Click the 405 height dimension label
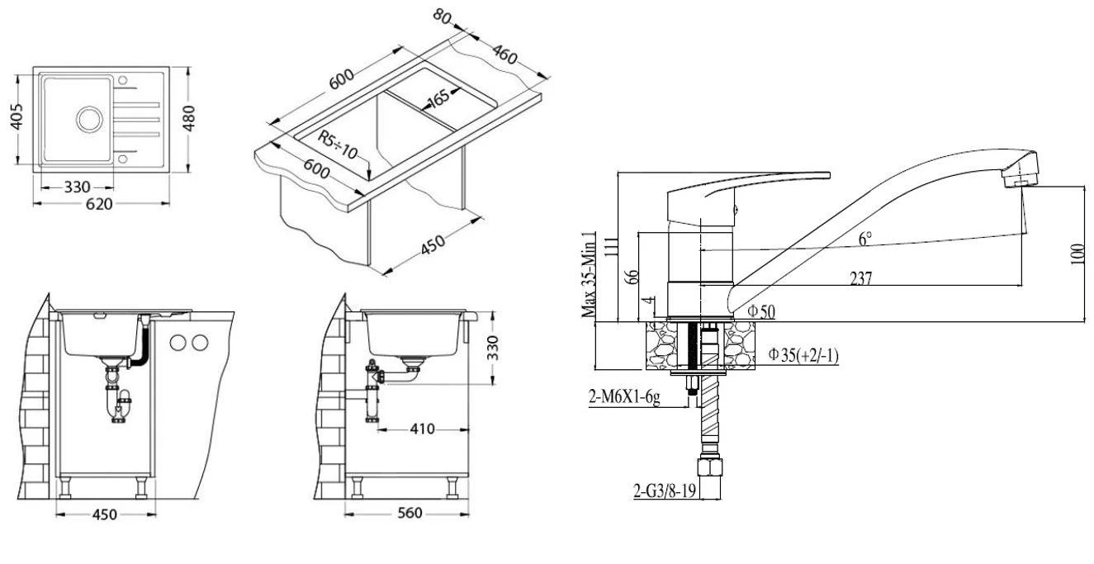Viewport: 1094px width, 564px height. (17, 116)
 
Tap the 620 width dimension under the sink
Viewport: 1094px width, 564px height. (99, 204)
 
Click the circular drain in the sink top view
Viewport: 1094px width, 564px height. (90, 119)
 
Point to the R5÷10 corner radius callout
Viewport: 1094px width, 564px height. (338, 145)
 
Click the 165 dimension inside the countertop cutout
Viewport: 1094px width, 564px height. (438, 98)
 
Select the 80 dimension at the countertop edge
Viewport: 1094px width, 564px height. (442, 17)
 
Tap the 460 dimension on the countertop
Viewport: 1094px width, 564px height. (504, 55)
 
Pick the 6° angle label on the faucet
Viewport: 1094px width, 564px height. (865, 239)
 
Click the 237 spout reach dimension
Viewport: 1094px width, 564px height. (860, 278)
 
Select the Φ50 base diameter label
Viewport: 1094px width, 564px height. (761, 311)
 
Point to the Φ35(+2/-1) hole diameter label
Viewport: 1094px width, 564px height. (803, 355)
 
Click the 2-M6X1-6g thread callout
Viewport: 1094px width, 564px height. (624, 397)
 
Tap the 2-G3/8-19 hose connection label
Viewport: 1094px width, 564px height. (664, 491)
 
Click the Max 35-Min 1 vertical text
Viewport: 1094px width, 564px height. (589, 274)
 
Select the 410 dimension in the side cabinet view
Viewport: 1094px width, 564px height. (422, 429)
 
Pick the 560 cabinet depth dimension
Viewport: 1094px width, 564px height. (410, 513)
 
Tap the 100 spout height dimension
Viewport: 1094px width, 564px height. (1077, 254)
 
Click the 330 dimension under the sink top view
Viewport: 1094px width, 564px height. (77, 187)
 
